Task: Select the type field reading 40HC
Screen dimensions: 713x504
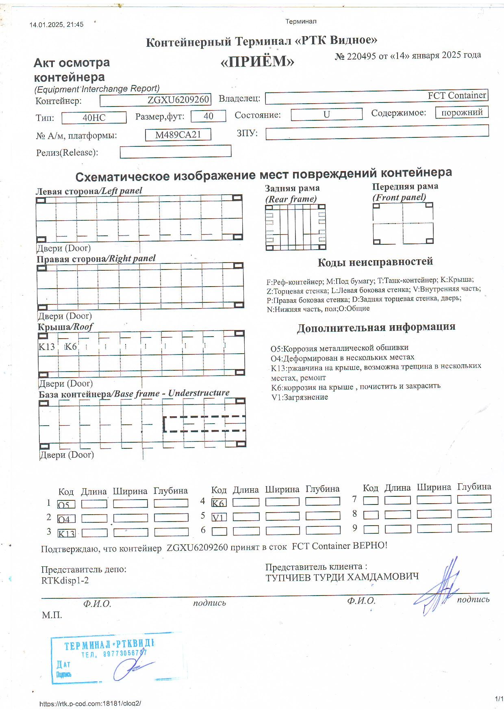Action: [94, 118]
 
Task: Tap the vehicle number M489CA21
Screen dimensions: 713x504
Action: [178, 135]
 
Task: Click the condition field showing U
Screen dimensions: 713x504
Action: [326, 115]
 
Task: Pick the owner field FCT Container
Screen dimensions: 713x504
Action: [376, 97]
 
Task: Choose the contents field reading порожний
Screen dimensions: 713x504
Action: [462, 113]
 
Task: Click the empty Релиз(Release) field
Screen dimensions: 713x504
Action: [175, 152]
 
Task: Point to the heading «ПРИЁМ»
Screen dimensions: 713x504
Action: [257, 62]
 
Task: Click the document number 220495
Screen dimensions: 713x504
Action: [361, 57]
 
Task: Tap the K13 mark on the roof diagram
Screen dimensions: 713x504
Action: [47, 347]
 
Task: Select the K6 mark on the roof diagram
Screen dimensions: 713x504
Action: [71, 347]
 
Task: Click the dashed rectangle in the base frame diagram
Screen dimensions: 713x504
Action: [204, 424]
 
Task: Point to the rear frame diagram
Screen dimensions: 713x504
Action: [295, 227]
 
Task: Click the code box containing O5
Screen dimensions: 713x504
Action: [66, 504]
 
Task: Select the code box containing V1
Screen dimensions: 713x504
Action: [219, 517]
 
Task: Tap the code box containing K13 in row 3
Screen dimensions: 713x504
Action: [67, 533]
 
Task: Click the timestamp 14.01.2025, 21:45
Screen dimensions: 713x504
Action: [56, 24]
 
